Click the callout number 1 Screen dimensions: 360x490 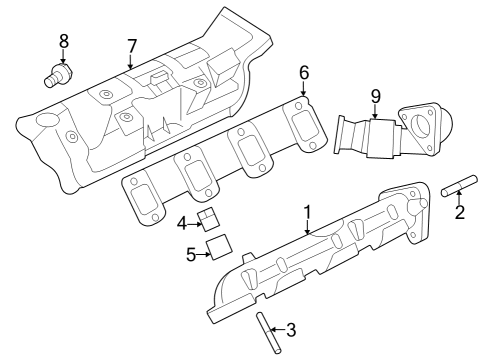[308, 212]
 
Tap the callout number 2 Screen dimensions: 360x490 [460, 212]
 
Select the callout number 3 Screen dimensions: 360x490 [291, 328]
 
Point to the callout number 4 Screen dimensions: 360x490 [183, 223]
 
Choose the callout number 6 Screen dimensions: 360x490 [304, 72]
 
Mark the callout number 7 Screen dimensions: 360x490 [131, 46]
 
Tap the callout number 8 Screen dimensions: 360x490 [64, 41]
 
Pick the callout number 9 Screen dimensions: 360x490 [376, 96]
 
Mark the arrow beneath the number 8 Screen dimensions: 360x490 [64, 56]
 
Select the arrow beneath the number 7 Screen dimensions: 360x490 [131, 62]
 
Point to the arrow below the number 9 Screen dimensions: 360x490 [376, 112]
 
